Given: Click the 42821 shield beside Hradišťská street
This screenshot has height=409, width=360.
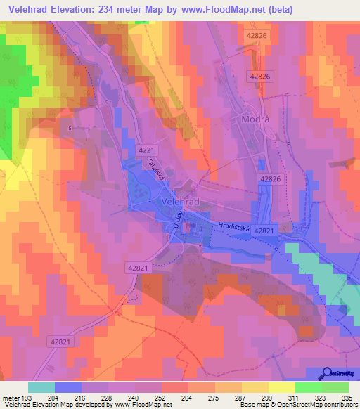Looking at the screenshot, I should click(x=263, y=230).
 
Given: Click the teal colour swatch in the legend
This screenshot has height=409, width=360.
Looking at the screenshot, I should click(x=41, y=387).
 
